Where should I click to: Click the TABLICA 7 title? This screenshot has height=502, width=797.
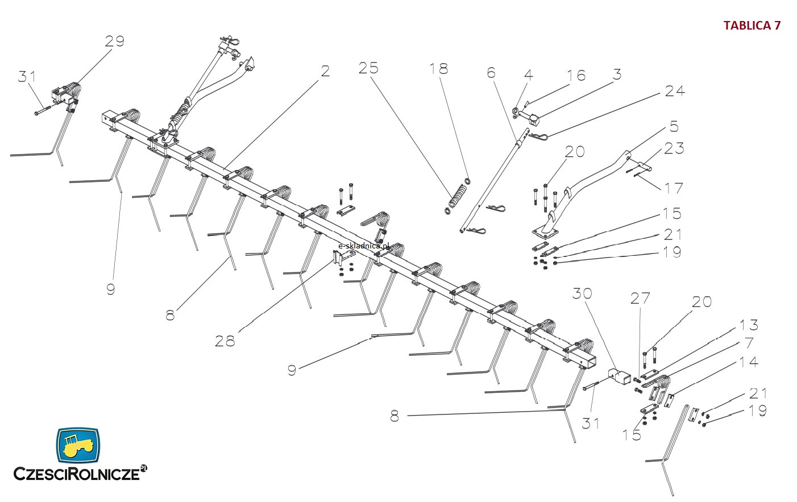pyautogui.click(x=752, y=26)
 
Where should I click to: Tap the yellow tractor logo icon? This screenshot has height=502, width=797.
pyautogui.click(x=78, y=445)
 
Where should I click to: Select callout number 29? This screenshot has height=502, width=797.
pyautogui.click(x=114, y=41)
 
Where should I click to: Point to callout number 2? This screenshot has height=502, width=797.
pyautogui.click(x=325, y=71)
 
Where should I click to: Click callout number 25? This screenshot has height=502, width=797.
pyautogui.click(x=368, y=68)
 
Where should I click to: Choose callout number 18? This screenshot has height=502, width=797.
pyautogui.click(x=438, y=69)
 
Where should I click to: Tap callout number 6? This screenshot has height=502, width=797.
pyautogui.click(x=491, y=72)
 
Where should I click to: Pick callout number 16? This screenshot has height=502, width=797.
pyautogui.click(x=575, y=76)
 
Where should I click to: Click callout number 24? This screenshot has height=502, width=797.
pyautogui.click(x=675, y=91)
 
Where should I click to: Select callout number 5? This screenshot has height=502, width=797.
pyautogui.click(x=674, y=126)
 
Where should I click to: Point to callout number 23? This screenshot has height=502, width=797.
pyautogui.click(x=674, y=148)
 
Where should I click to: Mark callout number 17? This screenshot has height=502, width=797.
pyautogui.click(x=674, y=188)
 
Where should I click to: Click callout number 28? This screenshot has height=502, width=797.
pyautogui.click(x=225, y=341)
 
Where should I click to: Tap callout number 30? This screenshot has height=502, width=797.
pyautogui.click(x=582, y=293)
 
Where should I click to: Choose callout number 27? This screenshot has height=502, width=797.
pyautogui.click(x=640, y=298)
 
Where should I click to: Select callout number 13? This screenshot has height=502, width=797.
pyautogui.click(x=749, y=325)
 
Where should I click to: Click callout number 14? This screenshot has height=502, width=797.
pyautogui.click(x=749, y=362)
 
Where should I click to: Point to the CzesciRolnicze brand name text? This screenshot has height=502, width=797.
pyautogui.click(x=77, y=473)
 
